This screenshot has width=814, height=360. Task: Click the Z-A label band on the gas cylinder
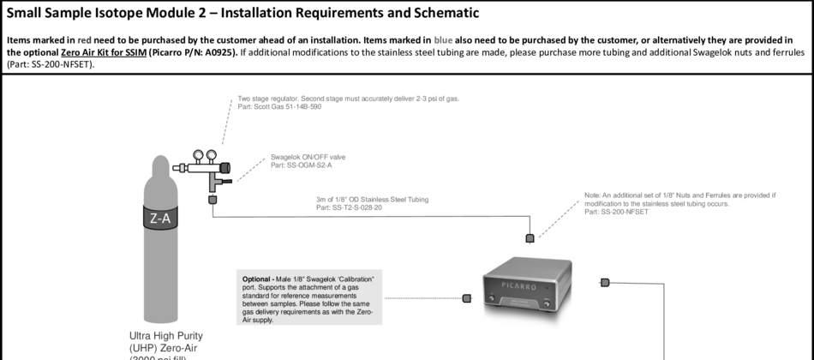click(x=159, y=218)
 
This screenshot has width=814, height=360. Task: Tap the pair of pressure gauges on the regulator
click(x=204, y=156)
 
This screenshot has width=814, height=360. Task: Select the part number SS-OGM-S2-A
click(x=301, y=165)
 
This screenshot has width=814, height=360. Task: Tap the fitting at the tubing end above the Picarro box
click(x=530, y=237)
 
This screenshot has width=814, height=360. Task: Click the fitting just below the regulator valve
click(x=212, y=199)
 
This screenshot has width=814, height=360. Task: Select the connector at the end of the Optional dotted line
click(x=467, y=298)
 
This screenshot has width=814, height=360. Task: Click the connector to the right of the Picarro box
click(x=605, y=282)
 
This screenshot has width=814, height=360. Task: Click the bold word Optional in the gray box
click(x=257, y=280)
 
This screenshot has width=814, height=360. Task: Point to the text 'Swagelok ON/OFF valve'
click(x=308, y=157)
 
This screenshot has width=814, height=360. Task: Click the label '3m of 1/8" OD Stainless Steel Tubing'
click(x=372, y=199)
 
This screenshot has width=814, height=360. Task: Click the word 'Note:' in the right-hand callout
click(x=595, y=195)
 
